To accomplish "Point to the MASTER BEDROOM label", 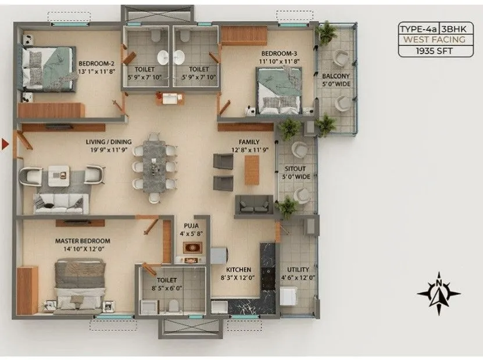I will [x=83, y=240].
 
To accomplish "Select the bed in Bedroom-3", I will [x=280, y=90].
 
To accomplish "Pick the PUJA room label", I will [x=191, y=225].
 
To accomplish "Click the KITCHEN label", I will [x=238, y=270].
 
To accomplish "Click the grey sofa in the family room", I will [x=253, y=205].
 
